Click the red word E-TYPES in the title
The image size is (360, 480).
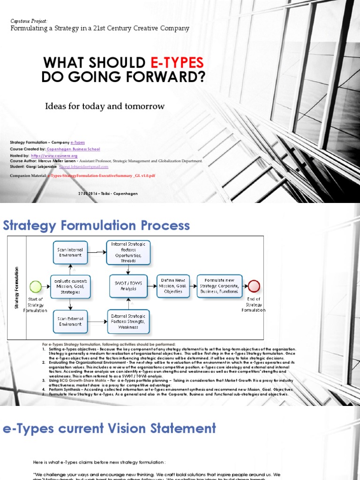pos(177,63)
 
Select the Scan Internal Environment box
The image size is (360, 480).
pos(70,252)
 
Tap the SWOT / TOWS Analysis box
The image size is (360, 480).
pos(128,286)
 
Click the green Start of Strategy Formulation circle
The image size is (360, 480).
pos(35,286)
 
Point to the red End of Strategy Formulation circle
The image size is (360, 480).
pos(254,286)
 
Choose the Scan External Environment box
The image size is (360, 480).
pos(70,321)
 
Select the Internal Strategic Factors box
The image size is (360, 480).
pos(128,252)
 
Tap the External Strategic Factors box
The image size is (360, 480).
pos(128,321)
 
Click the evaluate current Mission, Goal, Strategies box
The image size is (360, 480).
pos(70,286)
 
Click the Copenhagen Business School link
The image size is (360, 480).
pos(75,149)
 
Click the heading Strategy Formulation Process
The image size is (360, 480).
pos(97,225)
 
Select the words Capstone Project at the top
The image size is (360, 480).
pos(29,21)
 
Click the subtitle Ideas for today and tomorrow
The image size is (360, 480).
pos(105,106)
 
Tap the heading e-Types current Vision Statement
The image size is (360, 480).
pos(110,428)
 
